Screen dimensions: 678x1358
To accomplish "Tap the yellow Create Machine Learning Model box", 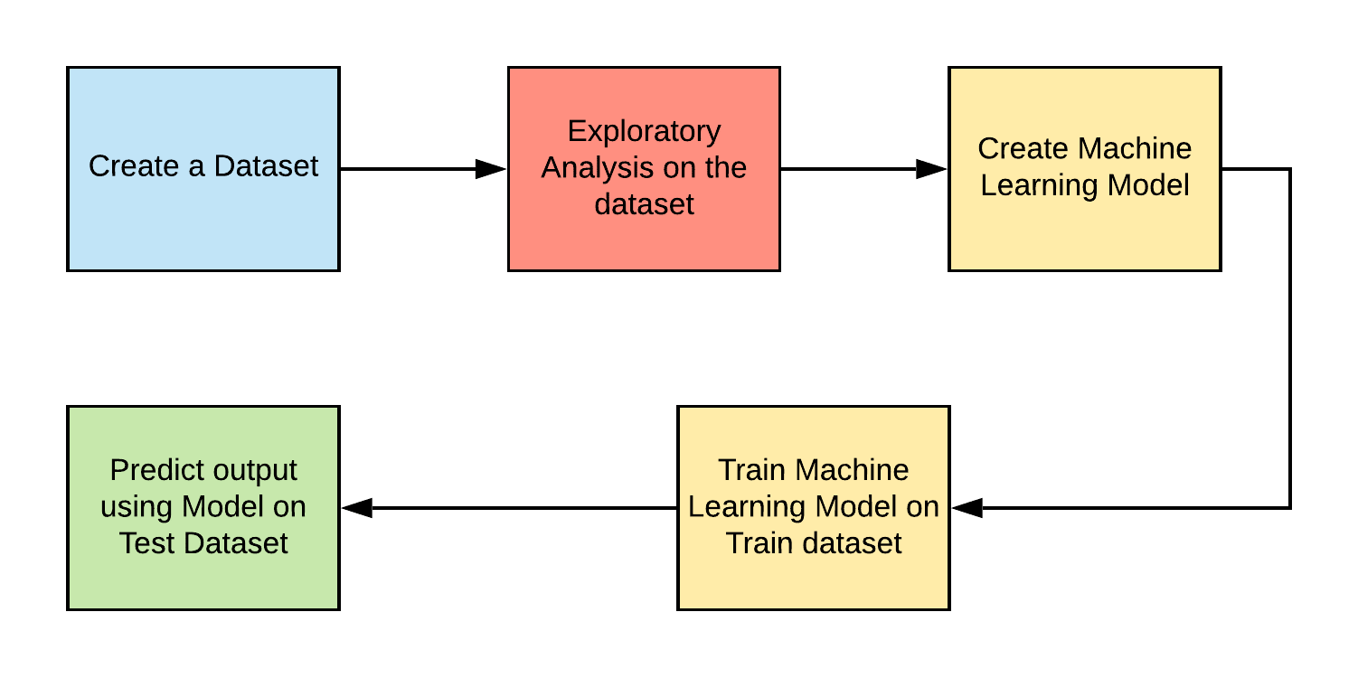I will tap(1084, 231).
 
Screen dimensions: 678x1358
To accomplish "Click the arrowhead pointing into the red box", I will tap(491, 169).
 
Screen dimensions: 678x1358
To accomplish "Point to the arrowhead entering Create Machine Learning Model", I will tap(931, 169).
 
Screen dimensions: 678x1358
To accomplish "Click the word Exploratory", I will tap(644, 131).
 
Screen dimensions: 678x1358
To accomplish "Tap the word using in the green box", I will tap(137, 506).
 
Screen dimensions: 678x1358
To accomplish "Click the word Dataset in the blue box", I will tap(266, 166).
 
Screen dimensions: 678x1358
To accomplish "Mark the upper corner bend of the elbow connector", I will tap(1289, 169).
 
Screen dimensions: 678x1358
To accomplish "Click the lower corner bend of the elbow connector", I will tap(1289, 508).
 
